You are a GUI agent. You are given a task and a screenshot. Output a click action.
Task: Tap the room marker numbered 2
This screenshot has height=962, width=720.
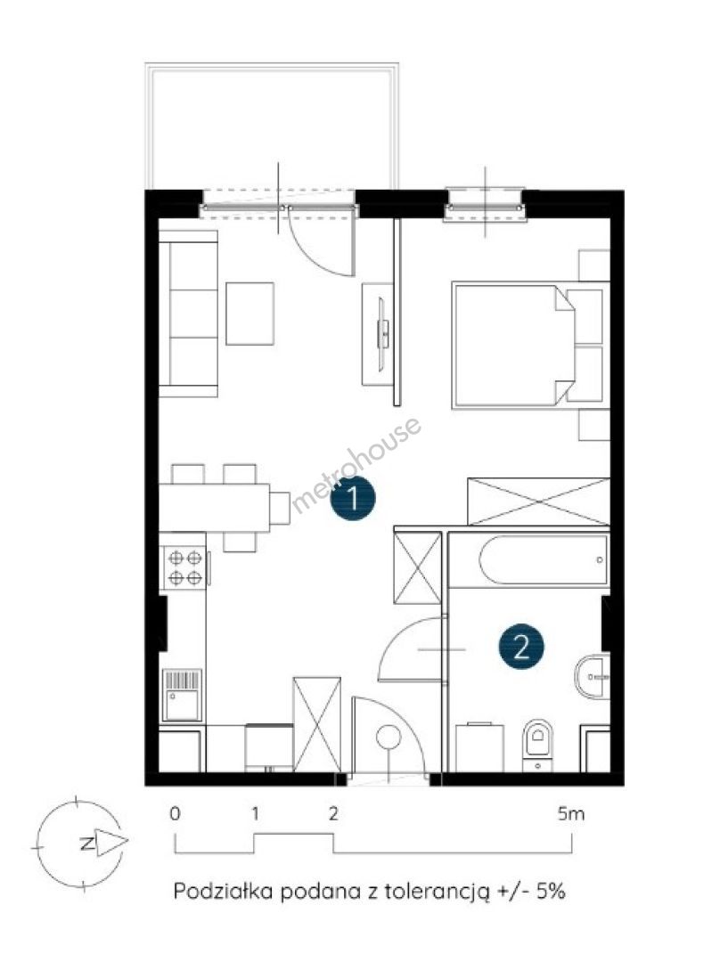point(521,646)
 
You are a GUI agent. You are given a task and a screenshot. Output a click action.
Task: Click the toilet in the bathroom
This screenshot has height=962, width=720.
point(537,745)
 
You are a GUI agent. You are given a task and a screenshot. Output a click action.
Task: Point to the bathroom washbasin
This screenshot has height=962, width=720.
point(593,677)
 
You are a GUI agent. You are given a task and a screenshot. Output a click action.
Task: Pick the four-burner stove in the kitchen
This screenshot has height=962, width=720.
point(184,567)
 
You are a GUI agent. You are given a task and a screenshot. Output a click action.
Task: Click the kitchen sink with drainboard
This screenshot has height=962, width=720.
point(183,695)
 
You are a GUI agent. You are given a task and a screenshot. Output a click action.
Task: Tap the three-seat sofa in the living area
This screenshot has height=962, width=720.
point(188,314)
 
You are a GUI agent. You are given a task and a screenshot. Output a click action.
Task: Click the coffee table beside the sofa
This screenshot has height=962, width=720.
point(250,314)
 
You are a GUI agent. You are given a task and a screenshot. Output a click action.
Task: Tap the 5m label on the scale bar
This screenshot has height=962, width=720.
point(571,814)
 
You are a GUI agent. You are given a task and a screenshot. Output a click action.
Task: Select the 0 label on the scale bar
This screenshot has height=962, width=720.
point(175,814)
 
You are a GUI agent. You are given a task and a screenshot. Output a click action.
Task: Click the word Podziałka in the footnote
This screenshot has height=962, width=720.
point(224,891)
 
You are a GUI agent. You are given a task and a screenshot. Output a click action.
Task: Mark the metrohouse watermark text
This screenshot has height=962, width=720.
point(356,464)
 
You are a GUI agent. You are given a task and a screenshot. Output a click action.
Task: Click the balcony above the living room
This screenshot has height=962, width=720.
point(272,126)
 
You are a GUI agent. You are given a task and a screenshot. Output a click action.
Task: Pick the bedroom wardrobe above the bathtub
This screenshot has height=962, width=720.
point(538,501)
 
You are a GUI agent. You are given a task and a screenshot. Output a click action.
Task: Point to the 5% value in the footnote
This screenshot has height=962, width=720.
point(551,890)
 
